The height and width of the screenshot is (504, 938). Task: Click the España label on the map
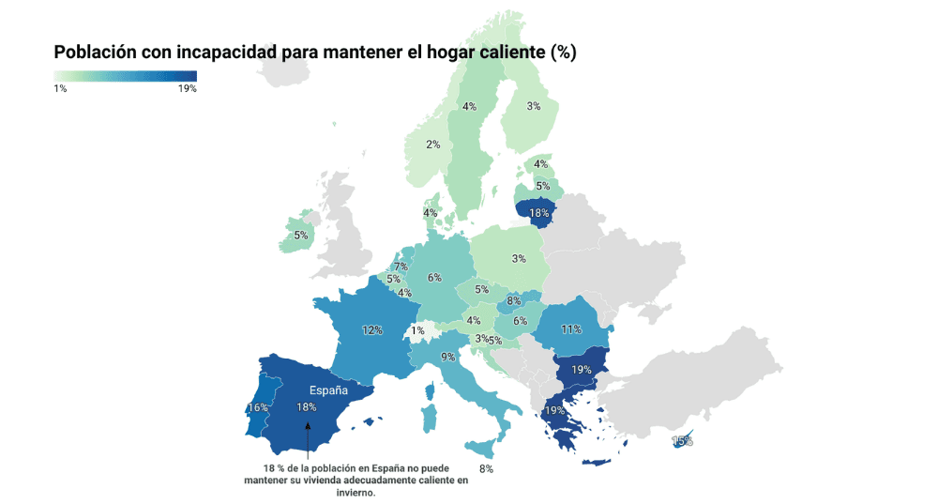[x=328, y=389]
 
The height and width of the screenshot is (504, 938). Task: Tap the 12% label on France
[x=372, y=330]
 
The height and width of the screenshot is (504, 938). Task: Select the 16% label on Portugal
[x=258, y=408]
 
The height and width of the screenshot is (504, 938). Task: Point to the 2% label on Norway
[x=432, y=145]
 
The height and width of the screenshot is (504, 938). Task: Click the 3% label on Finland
[x=533, y=106]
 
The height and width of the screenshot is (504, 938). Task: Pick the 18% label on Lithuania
[x=538, y=213]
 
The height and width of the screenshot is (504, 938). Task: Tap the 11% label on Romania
[x=571, y=329]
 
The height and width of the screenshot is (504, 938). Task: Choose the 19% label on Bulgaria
[x=581, y=370]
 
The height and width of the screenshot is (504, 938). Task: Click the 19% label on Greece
[x=553, y=410]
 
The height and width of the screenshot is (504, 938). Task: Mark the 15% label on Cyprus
[x=682, y=441]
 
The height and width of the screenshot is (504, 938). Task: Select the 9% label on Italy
[x=448, y=357]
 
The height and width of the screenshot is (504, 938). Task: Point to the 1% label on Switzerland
[x=417, y=330]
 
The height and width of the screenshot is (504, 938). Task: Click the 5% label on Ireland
[x=300, y=236]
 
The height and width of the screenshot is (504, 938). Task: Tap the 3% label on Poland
[x=518, y=259]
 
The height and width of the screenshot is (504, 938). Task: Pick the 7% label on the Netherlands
[x=401, y=267]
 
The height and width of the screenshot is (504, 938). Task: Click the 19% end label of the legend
[x=187, y=88]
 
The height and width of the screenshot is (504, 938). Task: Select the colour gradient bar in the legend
[x=125, y=76]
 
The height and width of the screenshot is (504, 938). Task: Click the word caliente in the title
[x=507, y=53]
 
